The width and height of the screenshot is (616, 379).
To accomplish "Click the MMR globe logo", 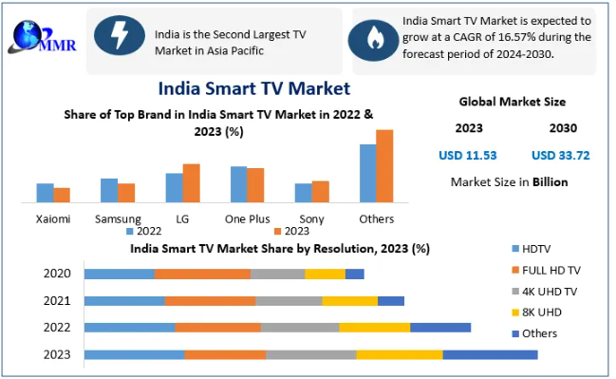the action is [x=42, y=36].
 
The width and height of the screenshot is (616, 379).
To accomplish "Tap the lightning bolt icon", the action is [x=120, y=35].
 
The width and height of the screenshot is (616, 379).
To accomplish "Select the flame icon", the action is [x=374, y=40].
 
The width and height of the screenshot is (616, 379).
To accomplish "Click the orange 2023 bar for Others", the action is [x=384, y=166].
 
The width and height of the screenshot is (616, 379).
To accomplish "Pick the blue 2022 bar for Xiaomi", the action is [x=46, y=193].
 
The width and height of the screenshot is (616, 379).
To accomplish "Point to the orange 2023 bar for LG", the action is [x=192, y=183].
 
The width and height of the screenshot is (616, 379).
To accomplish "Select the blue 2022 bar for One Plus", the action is [x=239, y=184].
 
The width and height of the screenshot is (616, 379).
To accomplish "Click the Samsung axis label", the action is [x=118, y=219].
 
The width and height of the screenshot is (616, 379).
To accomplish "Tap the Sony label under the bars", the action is [x=311, y=219].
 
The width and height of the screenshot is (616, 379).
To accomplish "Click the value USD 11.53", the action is [x=468, y=155].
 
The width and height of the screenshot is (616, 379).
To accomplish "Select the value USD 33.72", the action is [x=561, y=155].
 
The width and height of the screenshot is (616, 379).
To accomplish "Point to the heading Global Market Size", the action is [x=513, y=102].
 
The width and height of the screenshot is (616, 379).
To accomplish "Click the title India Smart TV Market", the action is [x=253, y=88].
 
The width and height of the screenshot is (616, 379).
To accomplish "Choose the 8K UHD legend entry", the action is [x=537, y=313].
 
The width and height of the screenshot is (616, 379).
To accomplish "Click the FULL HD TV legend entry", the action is [x=547, y=270].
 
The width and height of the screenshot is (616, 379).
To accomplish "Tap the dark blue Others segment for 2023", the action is [x=491, y=354].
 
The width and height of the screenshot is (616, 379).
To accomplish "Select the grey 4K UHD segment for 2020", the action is [x=278, y=274].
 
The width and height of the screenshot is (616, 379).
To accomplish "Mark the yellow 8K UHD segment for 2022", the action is [x=375, y=328].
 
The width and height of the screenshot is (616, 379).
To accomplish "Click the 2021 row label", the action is [x=57, y=301].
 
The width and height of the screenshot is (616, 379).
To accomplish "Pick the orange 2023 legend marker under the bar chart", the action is [x=278, y=231].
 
